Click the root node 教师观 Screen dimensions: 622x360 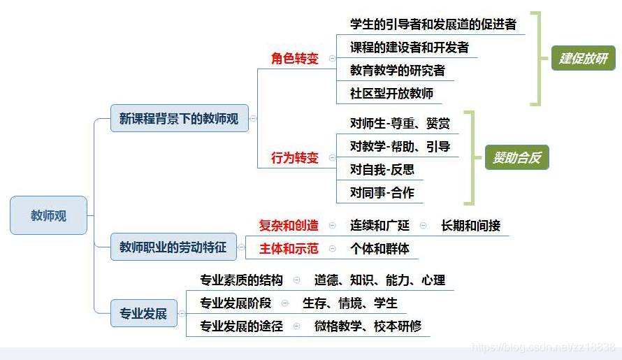pos(48,215)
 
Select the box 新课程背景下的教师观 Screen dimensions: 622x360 pos(179,119)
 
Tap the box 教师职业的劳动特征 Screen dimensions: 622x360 pos(173,247)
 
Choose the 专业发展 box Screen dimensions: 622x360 pos(143,313)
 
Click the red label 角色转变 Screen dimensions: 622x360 pos(294,58)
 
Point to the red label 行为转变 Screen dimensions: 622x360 pos(294,157)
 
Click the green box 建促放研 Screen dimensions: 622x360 pos(584,58)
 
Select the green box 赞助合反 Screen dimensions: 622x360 pos(517,157)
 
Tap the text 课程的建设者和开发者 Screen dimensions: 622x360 pos(409,48)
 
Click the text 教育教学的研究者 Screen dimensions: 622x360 pos(397,71)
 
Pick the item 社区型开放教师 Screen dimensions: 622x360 pos(391,93)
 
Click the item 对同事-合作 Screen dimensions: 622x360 pos(382,192)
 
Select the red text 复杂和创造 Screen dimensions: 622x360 pos(289,225)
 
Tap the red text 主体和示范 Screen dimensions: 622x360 pos(289,248)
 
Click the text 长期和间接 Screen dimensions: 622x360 pos(470,225)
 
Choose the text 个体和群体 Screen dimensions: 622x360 pos(379,248)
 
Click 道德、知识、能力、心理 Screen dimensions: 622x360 pos(379,280)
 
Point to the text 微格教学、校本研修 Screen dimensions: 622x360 pos(368,326)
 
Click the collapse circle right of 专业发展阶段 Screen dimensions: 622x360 pos(285,303)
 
